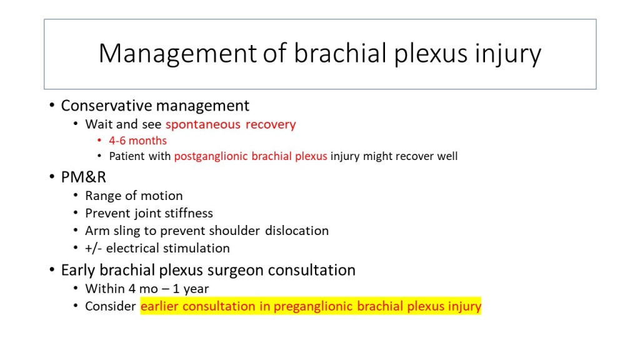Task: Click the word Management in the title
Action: click(x=177, y=54)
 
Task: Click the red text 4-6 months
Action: click(x=137, y=141)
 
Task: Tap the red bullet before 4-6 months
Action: click(x=99, y=141)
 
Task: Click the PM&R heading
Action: click(x=83, y=177)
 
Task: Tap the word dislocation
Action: click(x=297, y=231)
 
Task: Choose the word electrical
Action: click(x=132, y=248)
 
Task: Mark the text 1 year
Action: click(x=191, y=289)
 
